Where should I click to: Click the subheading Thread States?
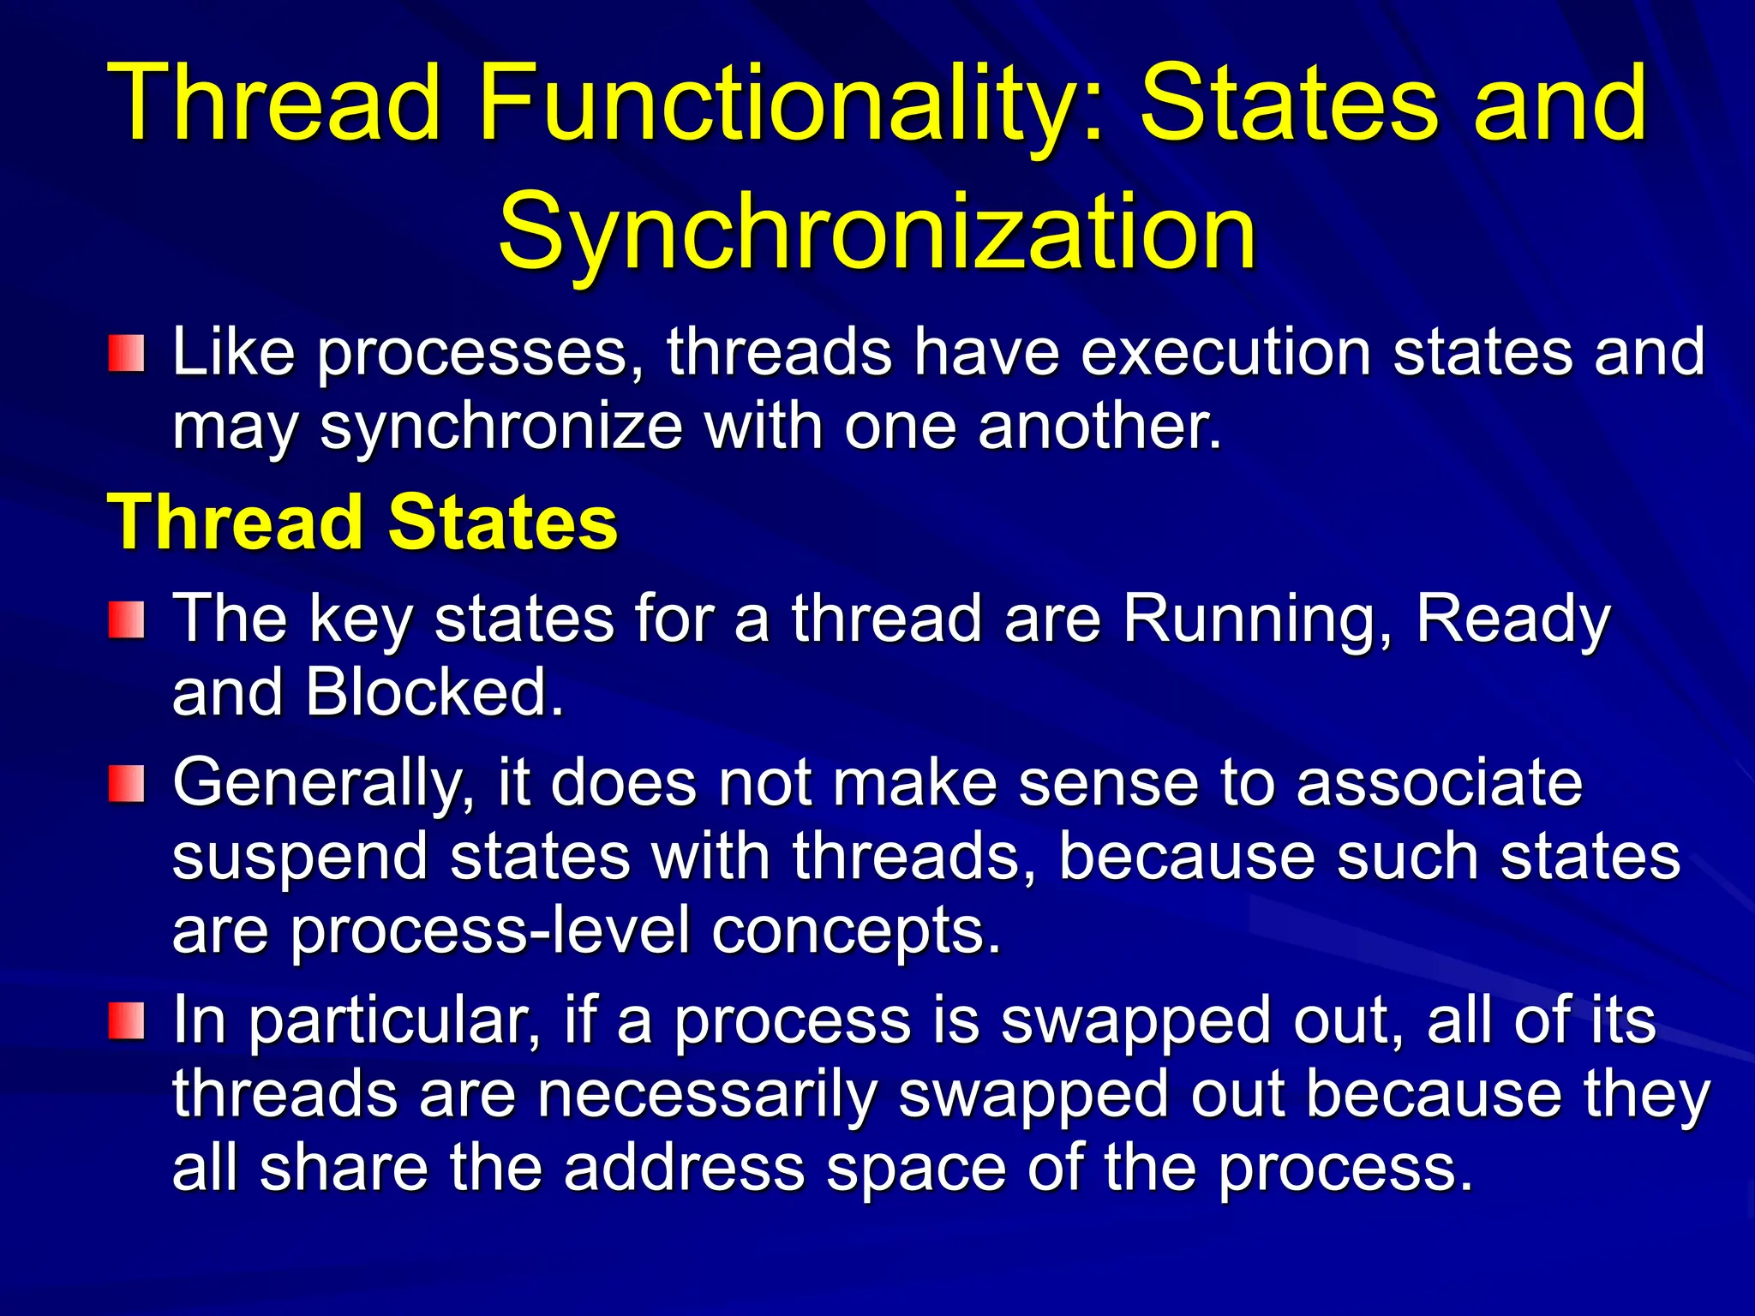(x=362, y=522)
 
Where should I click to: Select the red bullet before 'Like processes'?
(x=126, y=353)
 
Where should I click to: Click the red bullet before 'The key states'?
(x=126, y=619)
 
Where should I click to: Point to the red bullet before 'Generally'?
(x=126, y=784)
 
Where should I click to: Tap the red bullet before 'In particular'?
(x=126, y=1021)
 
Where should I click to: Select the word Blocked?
(x=435, y=691)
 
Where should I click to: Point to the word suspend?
(x=299, y=858)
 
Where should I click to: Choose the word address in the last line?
(x=685, y=1168)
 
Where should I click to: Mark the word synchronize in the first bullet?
(x=500, y=428)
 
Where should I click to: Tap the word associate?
(x=1439, y=782)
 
